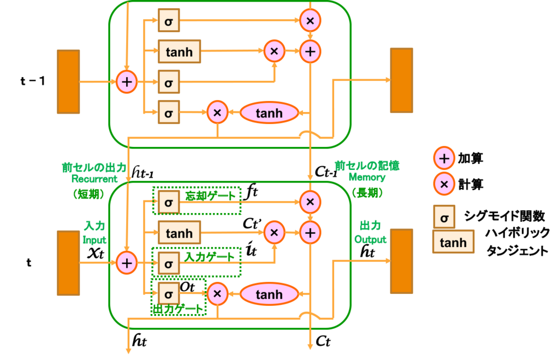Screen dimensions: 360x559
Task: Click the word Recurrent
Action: click(x=94, y=179)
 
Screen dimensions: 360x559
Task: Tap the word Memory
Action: click(x=367, y=178)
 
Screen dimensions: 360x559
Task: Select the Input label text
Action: click(x=94, y=240)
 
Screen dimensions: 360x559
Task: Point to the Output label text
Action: click(x=370, y=240)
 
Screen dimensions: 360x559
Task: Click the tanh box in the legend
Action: click(x=453, y=242)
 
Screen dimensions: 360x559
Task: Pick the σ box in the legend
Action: click(x=444, y=217)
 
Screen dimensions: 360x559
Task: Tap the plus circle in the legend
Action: click(x=444, y=158)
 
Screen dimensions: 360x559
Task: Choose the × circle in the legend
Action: click(x=444, y=184)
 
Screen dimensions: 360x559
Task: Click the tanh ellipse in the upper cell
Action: click(x=269, y=113)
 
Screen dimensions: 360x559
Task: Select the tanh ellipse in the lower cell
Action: click(x=269, y=294)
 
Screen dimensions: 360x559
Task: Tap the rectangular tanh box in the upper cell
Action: click(x=179, y=52)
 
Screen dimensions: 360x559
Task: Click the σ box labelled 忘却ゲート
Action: click(x=168, y=202)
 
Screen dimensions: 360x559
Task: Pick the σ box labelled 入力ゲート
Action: click(x=168, y=263)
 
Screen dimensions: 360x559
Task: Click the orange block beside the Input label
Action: click(x=68, y=263)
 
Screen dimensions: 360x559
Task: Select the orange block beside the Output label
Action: click(x=401, y=261)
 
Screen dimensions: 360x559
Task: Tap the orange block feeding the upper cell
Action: click(x=68, y=81)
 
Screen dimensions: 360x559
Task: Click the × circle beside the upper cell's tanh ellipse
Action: click(x=217, y=113)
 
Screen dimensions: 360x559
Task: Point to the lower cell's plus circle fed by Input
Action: click(x=127, y=263)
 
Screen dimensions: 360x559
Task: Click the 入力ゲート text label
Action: click(x=209, y=256)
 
